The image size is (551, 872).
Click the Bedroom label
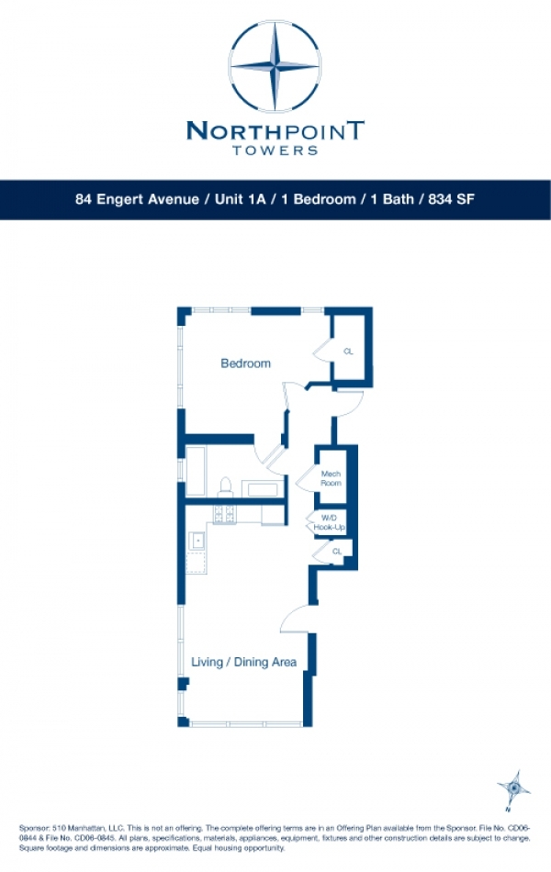[x=245, y=363]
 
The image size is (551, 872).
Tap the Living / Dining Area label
[x=243, y=662]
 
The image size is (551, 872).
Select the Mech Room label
[x=331, y=478]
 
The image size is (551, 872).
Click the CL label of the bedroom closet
[x=348, y=351]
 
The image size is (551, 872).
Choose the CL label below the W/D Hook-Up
[x=336, y=552]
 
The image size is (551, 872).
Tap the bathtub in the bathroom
[x=197, y=472]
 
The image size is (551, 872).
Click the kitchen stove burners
[x=224, y=515]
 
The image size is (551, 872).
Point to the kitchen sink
[x=197, y=542]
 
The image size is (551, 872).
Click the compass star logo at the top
[x=275, y=66]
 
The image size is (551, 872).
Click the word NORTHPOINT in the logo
[x=275, y=130]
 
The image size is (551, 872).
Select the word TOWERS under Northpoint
[x=275, y=150]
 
